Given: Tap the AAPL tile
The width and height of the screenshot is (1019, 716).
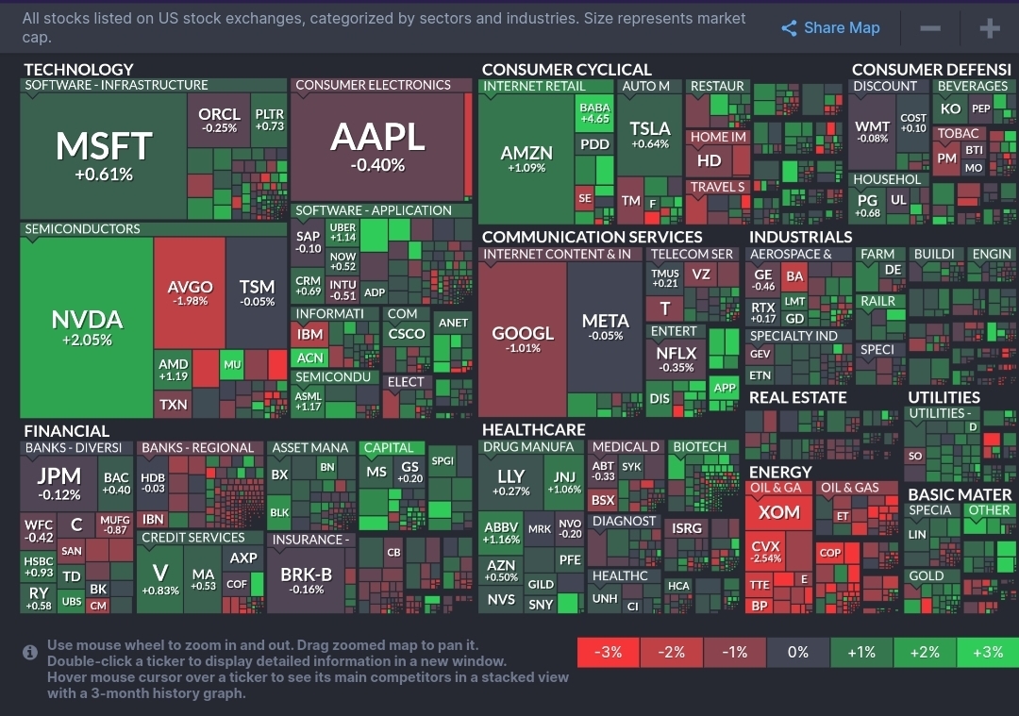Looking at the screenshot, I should point(377,146).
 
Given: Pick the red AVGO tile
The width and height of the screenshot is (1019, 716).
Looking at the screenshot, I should point(190,292).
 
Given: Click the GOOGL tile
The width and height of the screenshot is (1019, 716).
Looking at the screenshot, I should point(522,338).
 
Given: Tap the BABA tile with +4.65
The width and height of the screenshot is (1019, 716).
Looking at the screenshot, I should point(594,113).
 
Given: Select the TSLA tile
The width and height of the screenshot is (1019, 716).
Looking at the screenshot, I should point(650,134).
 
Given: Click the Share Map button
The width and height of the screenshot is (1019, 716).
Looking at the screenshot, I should point(830,28).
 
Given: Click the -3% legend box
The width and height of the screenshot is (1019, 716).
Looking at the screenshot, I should point(608,652).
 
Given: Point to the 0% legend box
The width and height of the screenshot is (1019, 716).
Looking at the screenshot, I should point(797,652).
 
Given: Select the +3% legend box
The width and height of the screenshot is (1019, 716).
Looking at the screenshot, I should point(987,652).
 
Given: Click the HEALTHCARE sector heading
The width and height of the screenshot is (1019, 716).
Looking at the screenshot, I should point(533,430).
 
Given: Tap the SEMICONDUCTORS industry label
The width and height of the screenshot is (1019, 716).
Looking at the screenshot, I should point(82,229).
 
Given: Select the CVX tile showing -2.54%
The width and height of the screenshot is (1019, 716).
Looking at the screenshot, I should point(766,551).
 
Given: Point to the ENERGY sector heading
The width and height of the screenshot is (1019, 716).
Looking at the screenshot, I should point(780,472).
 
